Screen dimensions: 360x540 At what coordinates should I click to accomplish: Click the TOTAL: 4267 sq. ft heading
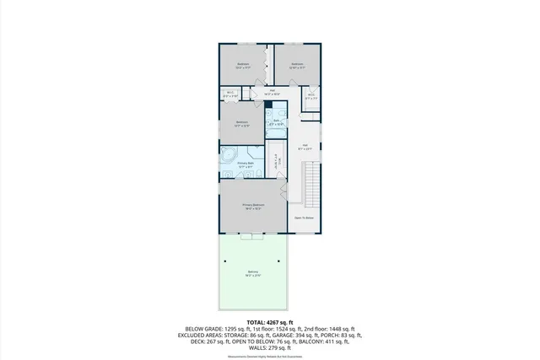tap(270, 322)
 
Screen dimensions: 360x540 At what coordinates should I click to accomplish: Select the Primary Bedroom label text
tap(253, 206)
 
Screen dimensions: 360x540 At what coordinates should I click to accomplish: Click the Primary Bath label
tap(246, 164)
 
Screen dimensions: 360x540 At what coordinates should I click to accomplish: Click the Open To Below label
tap(305, 218)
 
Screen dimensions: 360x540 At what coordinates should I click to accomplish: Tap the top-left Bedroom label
tap(243, 65)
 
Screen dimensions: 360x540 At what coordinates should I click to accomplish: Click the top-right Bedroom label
tap(297, 65)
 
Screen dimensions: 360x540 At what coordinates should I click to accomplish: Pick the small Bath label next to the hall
tap(277, 121)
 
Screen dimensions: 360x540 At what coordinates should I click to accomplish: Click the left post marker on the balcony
tap(225, 261)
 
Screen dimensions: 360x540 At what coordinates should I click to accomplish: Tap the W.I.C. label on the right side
tap(310, 95)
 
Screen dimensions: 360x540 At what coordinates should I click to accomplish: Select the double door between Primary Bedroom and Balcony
tap(253, 237)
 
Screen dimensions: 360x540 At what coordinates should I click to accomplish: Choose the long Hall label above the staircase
tap(305, 146)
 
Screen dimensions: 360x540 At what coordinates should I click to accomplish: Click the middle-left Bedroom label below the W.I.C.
tap(242, 124)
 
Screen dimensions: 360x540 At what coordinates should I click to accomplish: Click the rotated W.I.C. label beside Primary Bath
tap(277, 160)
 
